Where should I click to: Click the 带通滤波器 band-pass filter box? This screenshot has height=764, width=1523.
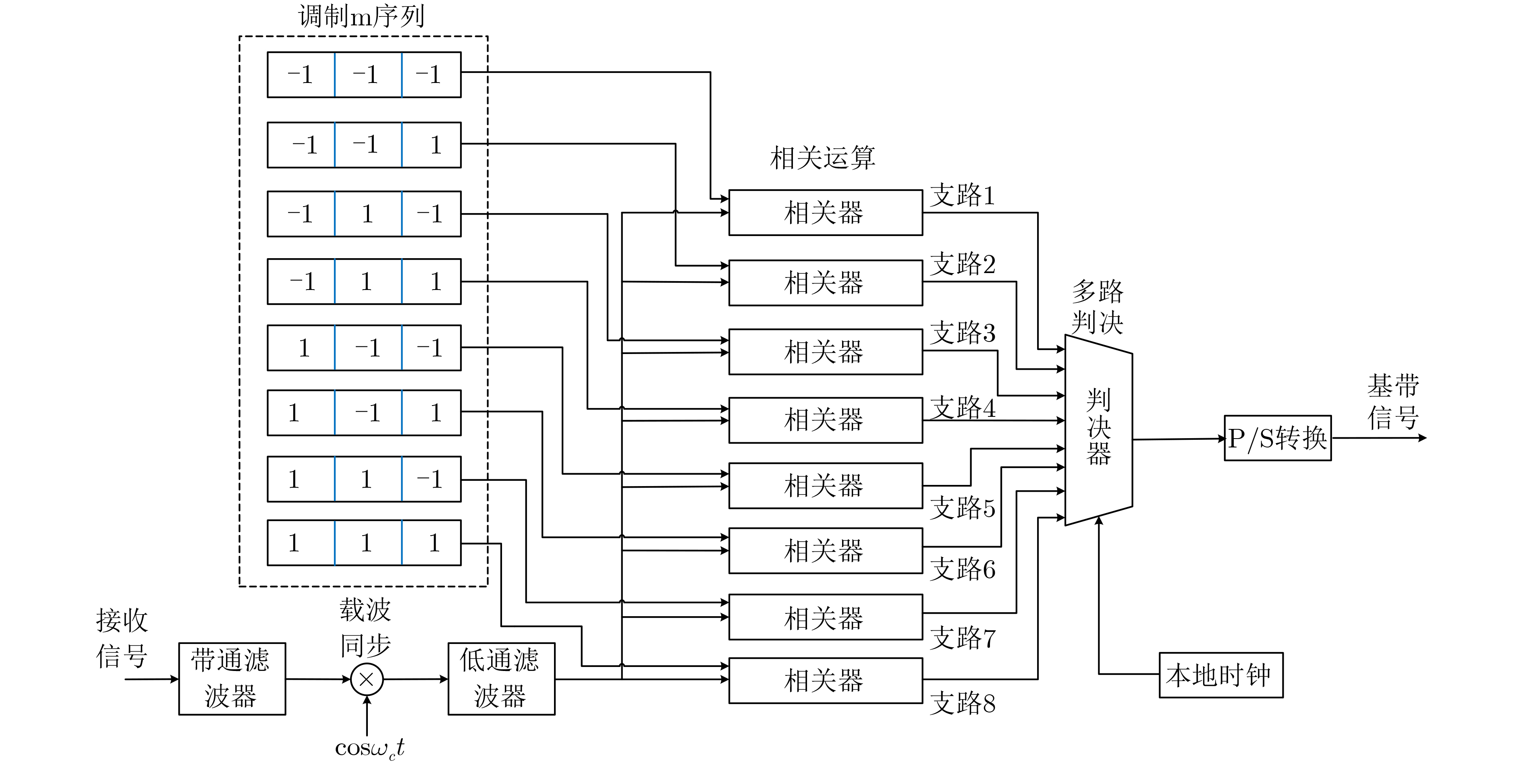232,678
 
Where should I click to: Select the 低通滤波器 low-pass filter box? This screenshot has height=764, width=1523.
501,678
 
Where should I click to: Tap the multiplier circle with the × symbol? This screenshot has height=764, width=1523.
367,679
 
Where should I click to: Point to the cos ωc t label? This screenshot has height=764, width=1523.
369,748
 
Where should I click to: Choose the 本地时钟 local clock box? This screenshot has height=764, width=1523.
1220,675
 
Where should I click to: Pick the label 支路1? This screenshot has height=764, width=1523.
963,195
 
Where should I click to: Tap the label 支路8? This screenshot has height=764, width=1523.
963,703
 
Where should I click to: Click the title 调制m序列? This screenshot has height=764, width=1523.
362,17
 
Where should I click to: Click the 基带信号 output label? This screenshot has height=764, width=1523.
1393,402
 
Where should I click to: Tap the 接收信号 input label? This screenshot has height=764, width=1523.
122,638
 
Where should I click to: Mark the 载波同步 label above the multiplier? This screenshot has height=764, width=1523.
365,627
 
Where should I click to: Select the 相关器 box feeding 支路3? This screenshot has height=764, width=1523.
825,352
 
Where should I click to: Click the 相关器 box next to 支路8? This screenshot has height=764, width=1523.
825,680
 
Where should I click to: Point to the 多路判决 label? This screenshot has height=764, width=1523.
1097,306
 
